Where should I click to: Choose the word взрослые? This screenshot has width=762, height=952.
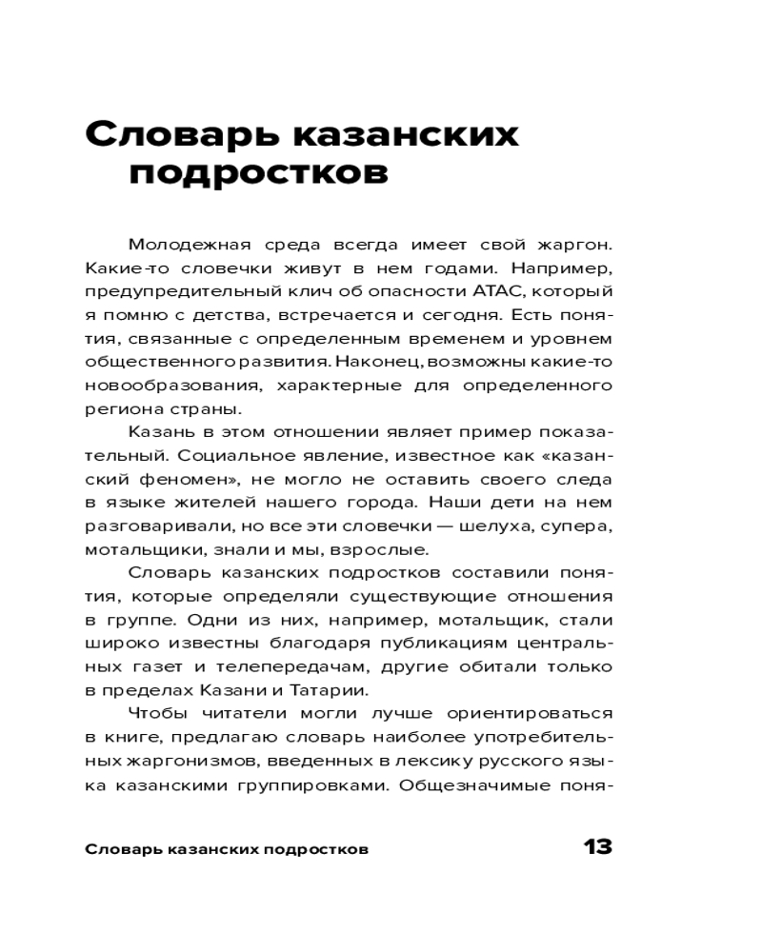coord(366,548)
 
